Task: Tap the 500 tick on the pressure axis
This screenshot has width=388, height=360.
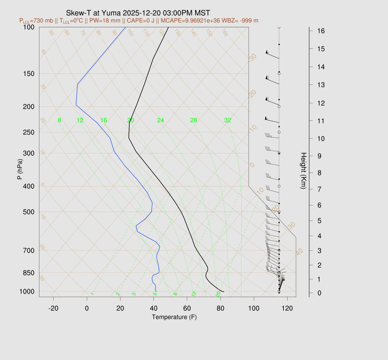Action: pyautogui.click(x=29, y=212)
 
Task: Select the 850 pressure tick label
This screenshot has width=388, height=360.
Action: pyautogui.click(x=29, y=273)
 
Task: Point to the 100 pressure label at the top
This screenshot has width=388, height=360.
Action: pyautogui.click(x=29, y=27)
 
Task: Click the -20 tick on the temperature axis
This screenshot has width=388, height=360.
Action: pyautogui.click(x=53, y=308)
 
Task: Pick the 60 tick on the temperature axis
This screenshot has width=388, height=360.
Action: pyautogui.click(x=187, y=308)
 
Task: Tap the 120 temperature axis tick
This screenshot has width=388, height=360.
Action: pyautogui.click(x=287, y=308)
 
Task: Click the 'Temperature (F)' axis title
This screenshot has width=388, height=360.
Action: pyautogui.click(x=174, y=317)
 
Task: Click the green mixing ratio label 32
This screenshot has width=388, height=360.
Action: pyautogui.click(x=227, y=121)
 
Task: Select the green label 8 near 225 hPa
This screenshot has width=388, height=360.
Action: pyautogui.click(x=59, y=121)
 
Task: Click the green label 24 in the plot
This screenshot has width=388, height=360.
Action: pyautogui.click(x=161, y=121)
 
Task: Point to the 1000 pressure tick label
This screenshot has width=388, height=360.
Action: pyautogui.click(x=27, y=291)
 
